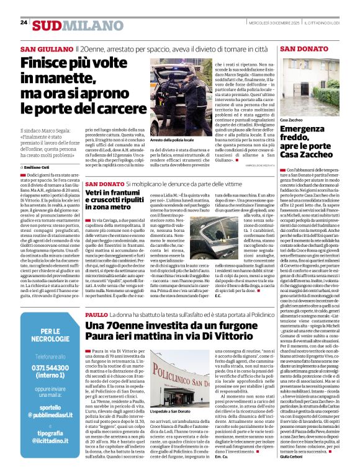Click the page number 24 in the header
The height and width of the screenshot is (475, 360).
pyautogui.click(x=24, y=22)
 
